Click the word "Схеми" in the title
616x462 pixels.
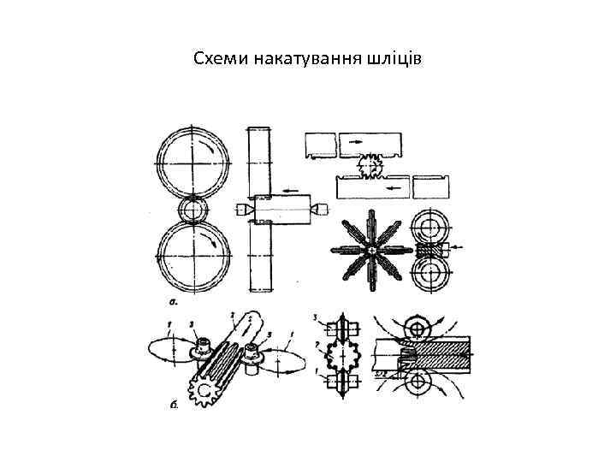tap(219, 59)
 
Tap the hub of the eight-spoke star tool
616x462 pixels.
tap(372, 249)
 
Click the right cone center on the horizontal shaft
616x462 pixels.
tap(318, 208)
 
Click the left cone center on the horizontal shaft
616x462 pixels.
tap(240, 208)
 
